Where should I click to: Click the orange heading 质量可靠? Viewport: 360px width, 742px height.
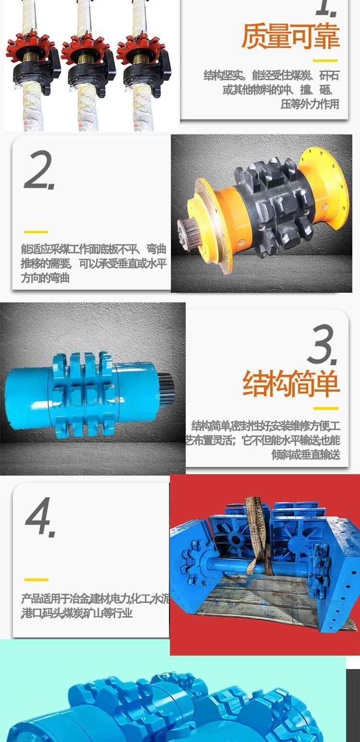(x=290, y=36)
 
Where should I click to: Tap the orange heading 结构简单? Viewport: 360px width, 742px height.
(x=291, y=384)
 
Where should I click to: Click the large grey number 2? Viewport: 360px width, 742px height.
(x=39, y=170)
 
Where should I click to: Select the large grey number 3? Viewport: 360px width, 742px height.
(x=322, y=345)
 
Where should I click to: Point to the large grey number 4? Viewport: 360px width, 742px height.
(x=40, y=517)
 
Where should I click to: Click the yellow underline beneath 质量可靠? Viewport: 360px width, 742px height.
(x=325, y=60)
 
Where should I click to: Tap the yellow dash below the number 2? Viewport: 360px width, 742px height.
(x=36, y=232)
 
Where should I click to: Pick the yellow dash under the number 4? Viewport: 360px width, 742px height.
(x=36, y=579)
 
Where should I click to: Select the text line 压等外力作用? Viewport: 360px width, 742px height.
(x=310, y=104)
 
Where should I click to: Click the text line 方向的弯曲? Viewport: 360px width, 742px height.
(x=45, y=278)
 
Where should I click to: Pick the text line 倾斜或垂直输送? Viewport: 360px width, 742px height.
(x=306, y=455)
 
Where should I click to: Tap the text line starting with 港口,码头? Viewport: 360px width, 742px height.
(x=77, y=613)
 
